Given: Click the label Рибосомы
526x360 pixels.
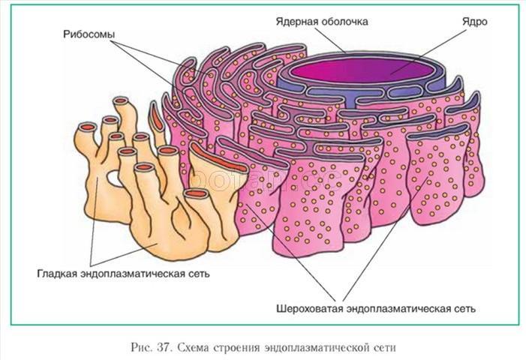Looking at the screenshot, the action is point(89,34).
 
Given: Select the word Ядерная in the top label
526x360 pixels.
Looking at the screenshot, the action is point(297,22).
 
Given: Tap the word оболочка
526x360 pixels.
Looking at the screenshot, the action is point(344,22).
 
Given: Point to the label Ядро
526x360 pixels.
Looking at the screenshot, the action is point(475,22).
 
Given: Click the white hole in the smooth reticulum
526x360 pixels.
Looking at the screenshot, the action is point(114,178).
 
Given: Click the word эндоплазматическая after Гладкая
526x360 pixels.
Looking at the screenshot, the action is point(134,274).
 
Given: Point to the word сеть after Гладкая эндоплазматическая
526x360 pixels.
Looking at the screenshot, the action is point(200,274).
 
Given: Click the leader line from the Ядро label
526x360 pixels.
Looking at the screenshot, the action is point(428,52).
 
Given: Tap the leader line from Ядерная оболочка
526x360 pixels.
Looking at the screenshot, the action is point(331,40).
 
